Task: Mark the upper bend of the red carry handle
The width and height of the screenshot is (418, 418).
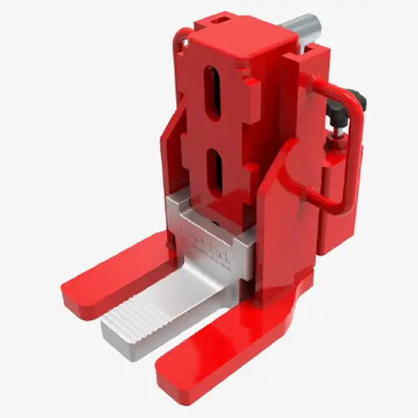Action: [x=358, y=96]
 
